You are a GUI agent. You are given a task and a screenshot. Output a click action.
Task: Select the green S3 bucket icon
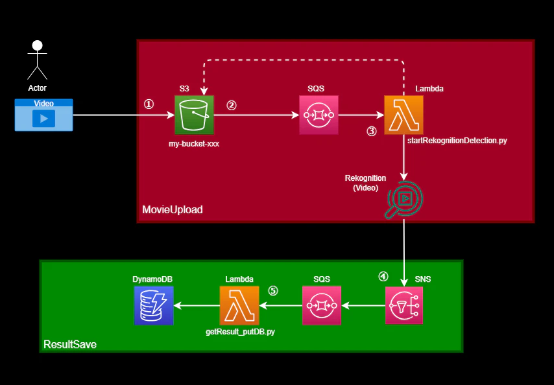click(x=194, y=115)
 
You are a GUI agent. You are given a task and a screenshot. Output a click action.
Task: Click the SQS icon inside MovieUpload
click(x=319, y=115)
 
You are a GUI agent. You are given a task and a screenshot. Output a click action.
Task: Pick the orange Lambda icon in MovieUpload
click(x=403, y=115)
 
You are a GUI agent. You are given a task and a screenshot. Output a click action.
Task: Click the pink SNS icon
click(x=404, y=305)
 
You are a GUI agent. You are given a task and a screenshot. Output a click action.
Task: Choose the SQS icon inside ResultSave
click(x=322, y=305)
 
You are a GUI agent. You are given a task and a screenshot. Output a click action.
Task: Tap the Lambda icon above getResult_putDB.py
click(x=239, y=305)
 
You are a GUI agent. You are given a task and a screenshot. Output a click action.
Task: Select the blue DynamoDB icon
click(x=153, y=305)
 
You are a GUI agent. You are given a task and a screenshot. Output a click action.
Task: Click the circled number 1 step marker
click(x=149, y=104)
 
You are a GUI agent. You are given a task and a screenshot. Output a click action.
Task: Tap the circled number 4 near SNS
click(x=383, y=276)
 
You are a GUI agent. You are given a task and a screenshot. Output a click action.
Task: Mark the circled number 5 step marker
click(x=273, y=290)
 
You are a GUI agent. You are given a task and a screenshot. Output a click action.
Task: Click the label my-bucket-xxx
click(x=193, y=144)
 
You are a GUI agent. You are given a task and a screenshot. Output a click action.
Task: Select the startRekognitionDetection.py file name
click(x=457, y=141)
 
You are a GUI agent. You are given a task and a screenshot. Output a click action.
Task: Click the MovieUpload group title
click(x=172, y=210)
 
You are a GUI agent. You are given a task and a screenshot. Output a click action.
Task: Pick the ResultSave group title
click(x=69, y=345)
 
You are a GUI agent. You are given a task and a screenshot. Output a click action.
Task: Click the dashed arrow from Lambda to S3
click(x=305, y=60)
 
